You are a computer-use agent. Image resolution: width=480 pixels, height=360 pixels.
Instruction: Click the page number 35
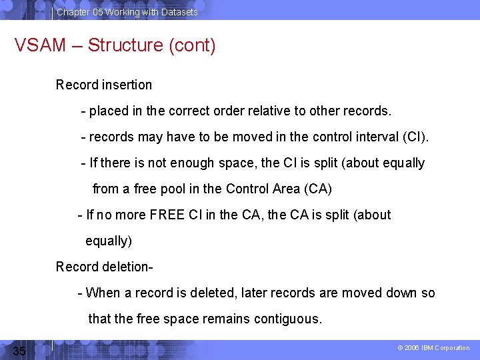click(x=19, y=351)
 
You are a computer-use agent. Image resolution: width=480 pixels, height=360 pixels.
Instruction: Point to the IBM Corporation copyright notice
click(x=433, y=348)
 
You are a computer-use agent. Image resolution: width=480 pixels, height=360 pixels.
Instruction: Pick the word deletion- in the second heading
click(x=129, y=267)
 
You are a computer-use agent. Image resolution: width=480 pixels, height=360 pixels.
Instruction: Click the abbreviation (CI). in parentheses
click(x=417, y=137)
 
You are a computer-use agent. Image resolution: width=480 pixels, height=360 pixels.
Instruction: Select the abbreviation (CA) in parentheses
click(x=317, y=189)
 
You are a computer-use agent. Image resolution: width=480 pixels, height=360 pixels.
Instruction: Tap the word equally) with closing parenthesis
click(x=109, y=241)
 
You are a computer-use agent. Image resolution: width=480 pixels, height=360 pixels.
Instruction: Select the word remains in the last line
click(x=227, y=319)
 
